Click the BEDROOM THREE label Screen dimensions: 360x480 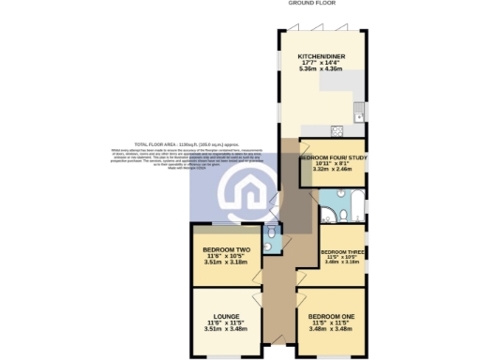pos(341,252)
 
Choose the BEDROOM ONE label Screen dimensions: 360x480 pos(330,317)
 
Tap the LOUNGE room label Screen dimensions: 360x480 pos(225,316)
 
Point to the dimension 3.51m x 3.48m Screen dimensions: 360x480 pos(225,329)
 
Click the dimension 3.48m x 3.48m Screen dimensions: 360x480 pos(330,330)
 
